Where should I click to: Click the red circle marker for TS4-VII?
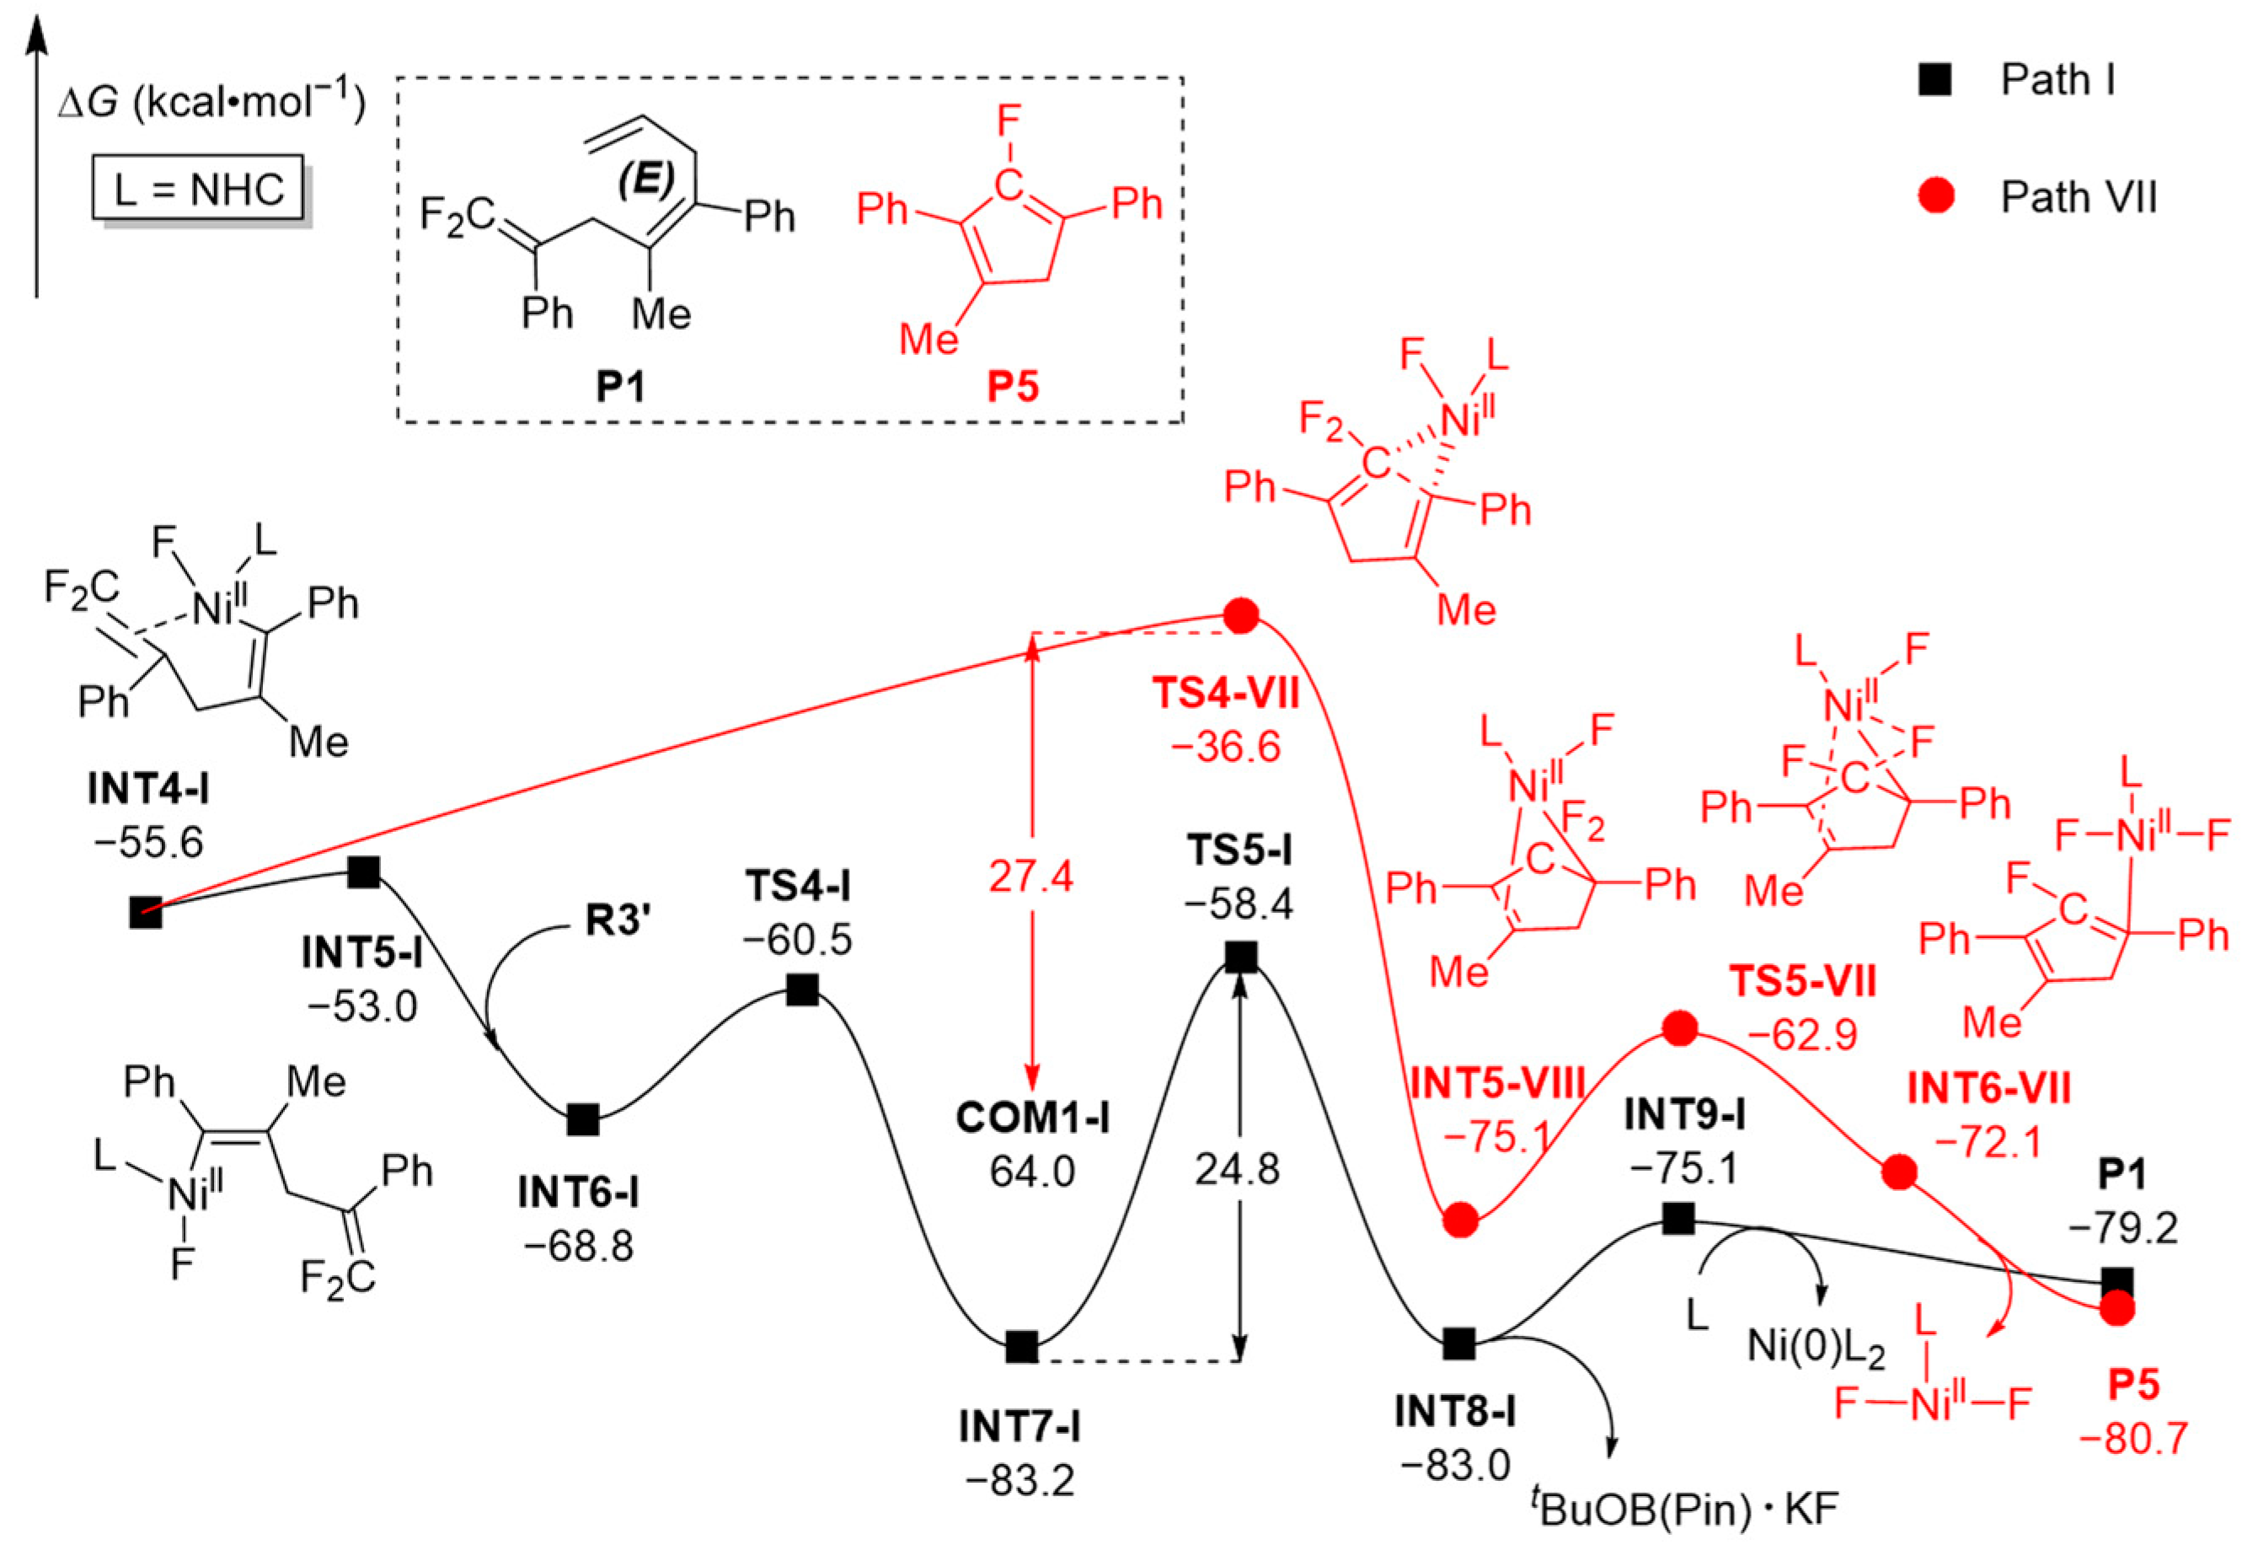tap(1241, 615)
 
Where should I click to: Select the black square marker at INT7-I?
tap(1021, 1347)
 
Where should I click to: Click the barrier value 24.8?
tap(1237, 1170)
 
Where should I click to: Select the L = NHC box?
tap(198, 189)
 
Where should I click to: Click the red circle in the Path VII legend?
tap(1936, 197)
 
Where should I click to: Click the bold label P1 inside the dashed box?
tap(621, 387)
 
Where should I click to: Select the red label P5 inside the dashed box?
tap(1013, 387)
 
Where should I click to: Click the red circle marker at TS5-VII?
tap(1680, 1027)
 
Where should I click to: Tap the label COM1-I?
tap(1032, 1118)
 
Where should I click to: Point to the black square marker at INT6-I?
tap(583, 1119)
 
